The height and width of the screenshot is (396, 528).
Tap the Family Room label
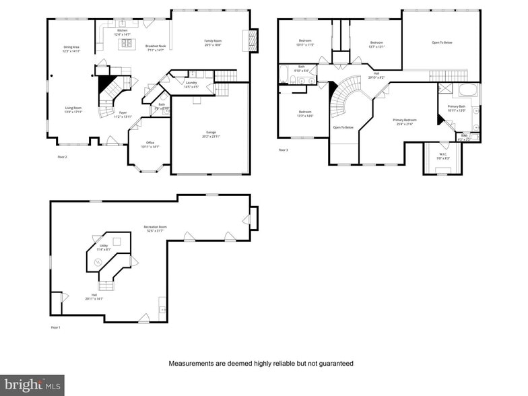[x=213, y=42]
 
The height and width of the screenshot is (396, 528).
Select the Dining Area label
[x=71, y=48]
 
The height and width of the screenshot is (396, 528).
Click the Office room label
[x=150, y=144]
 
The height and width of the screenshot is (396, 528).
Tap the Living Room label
[x=73, y=110]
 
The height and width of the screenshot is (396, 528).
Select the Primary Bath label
[x=457, y=108]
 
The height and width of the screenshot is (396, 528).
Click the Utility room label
[x=104, y=247]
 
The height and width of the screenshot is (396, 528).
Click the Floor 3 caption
[x=283, y=150]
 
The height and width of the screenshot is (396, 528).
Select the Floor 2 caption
[x=62, y=157]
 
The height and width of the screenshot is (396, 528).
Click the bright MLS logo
[x=32, y=385]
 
